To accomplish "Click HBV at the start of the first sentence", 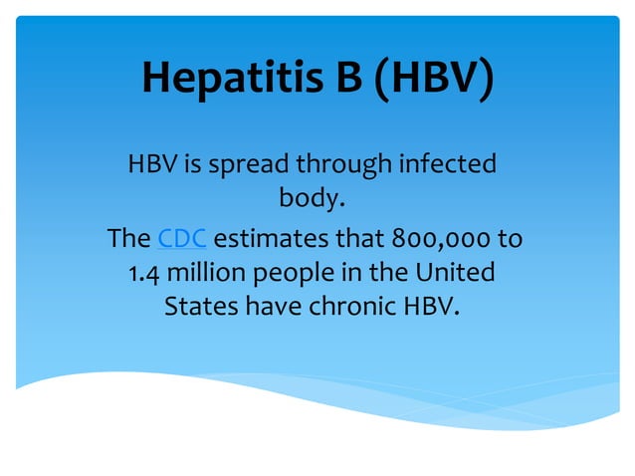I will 152,162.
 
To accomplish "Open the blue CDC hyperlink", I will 182,239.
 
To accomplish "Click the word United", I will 455,273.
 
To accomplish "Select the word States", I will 201,306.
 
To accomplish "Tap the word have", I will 273,306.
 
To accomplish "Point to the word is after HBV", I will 190,162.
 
